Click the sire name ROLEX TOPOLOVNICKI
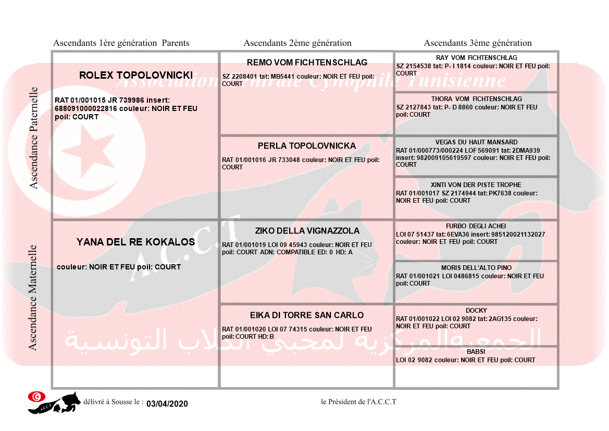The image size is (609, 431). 135,76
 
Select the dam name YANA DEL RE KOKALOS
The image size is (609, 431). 135,242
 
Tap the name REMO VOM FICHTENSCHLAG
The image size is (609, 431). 307,63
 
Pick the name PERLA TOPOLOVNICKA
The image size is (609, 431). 307,146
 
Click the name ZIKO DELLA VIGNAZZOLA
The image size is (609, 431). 307,231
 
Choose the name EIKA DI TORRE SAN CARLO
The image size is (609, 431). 307,315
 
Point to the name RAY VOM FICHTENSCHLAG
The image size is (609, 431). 476,58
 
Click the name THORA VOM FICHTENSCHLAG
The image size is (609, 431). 476,99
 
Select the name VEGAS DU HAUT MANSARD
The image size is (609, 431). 476,142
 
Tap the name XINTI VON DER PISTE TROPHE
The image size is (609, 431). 476,185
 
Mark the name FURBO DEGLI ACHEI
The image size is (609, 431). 476,226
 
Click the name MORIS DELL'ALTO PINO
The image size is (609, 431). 476,268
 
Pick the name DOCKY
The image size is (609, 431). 476,311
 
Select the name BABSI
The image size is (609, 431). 476,352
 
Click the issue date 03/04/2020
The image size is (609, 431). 167,404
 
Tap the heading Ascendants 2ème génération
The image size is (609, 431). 297,43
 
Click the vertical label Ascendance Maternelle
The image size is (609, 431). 33,297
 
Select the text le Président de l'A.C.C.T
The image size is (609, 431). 359,402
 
